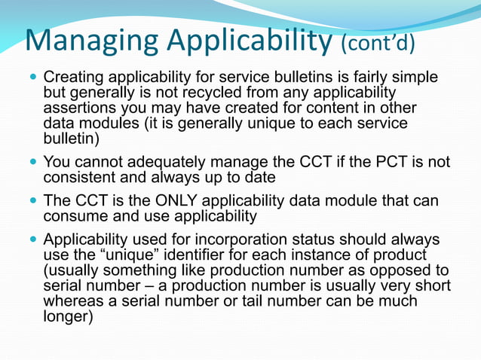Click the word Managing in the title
pos(89,41)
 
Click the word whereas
pos(75,301)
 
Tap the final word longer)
pos(68,317)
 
